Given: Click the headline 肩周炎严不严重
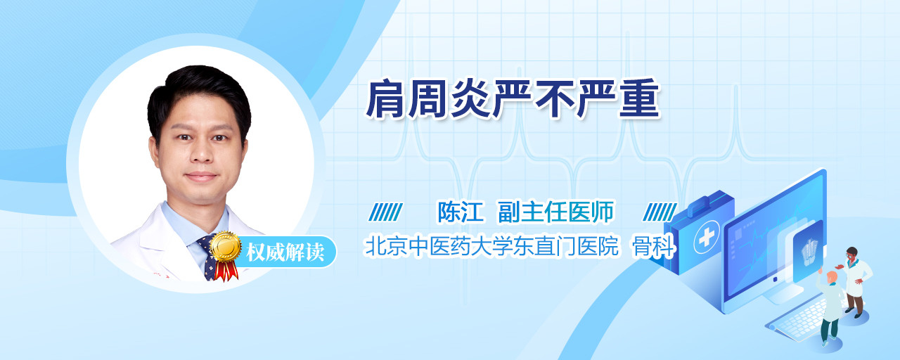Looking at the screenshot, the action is [513, 99].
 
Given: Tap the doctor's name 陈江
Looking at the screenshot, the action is [460, 212].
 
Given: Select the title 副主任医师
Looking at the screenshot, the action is [555, 212].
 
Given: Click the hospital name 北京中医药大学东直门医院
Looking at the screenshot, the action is [491, 246].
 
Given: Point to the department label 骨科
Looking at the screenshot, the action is [654, 246].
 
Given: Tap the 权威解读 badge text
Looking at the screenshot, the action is [285, 252].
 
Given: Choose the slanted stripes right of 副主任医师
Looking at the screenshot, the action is [660, 212].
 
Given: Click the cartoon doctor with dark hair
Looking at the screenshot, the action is [855, 282].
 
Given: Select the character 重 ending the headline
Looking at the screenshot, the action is [640, 99].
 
